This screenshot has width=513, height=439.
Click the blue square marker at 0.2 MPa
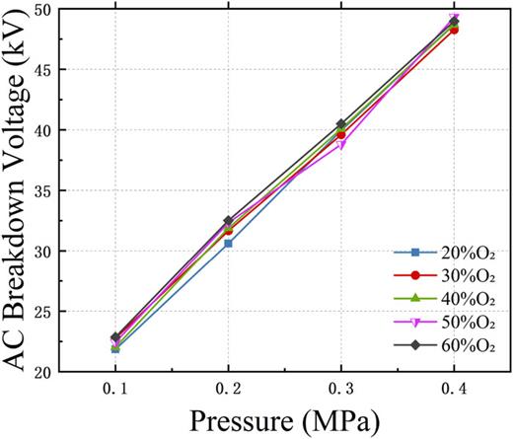tap(228, 243)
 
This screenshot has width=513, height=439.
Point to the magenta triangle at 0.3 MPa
tap(341, 144)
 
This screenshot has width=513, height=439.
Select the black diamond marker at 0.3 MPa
tap(341, 124)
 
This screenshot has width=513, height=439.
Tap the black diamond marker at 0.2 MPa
tap(228, 221)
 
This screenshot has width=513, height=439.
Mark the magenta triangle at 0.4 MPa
tap(454, 20)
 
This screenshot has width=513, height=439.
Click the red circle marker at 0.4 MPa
tap(454, 30)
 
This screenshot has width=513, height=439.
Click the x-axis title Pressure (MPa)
tap(284, 421)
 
